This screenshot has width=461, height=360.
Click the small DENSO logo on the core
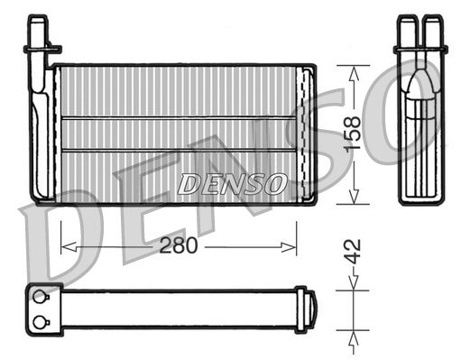pos(232,184)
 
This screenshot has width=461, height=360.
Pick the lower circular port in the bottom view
pos(39,322)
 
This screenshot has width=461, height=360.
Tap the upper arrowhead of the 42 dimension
pos(353,287)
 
